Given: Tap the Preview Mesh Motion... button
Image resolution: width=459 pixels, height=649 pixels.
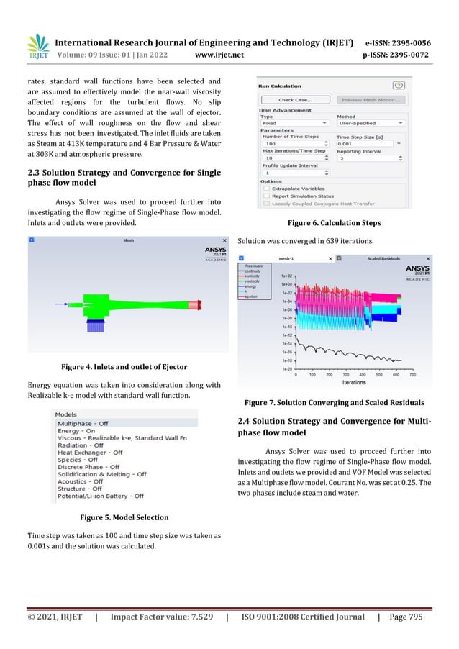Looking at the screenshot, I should (x=371, y=100).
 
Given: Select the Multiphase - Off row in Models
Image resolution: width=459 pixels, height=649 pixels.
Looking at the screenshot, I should (x=83, y=425).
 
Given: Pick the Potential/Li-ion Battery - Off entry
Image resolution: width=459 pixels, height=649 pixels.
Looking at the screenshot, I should (x=100, y=496).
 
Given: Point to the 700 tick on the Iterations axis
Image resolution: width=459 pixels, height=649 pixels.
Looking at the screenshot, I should (x=412, y=375).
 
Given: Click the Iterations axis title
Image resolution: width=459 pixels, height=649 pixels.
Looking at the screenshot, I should (x=354, y=383).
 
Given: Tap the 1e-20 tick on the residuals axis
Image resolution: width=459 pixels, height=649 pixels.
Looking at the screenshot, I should (x=286, y=369).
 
